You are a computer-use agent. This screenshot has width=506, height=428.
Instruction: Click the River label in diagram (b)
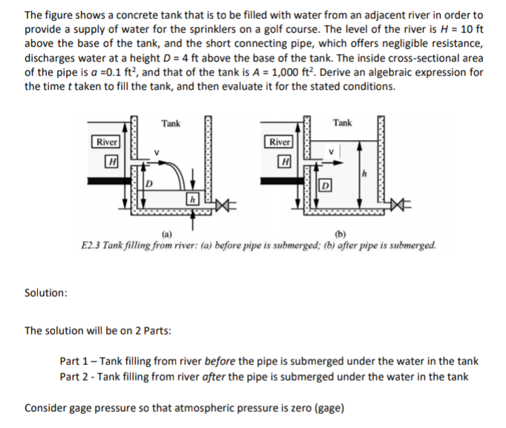click(279, 142)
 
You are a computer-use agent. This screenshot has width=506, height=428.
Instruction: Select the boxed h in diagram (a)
click(192, 199)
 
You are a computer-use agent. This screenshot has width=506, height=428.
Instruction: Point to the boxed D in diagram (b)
click(324, 183)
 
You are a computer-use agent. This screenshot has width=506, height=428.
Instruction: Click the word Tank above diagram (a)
click(171, 123)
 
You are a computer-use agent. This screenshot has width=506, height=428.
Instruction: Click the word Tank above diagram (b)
click(342, 122)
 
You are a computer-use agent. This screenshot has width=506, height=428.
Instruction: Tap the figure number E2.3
click(92, 244)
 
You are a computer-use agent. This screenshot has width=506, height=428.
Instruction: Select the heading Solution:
click(46, 292)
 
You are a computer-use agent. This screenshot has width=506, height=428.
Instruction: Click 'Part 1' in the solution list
click(75, 361)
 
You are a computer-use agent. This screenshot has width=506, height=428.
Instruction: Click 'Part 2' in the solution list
click(75, 376)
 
